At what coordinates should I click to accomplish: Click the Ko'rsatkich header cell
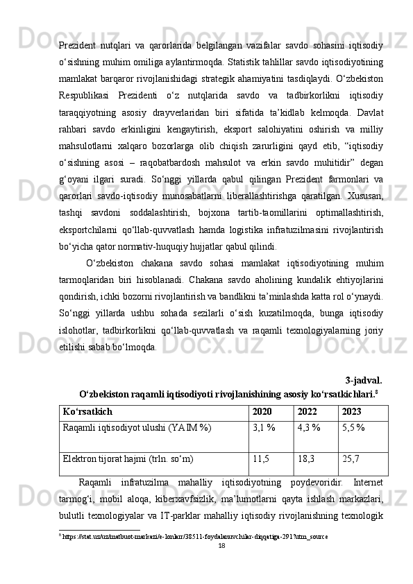click(87, 411)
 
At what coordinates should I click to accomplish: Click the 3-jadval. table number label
click(363, 380)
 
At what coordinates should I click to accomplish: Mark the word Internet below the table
click(367, 482)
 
